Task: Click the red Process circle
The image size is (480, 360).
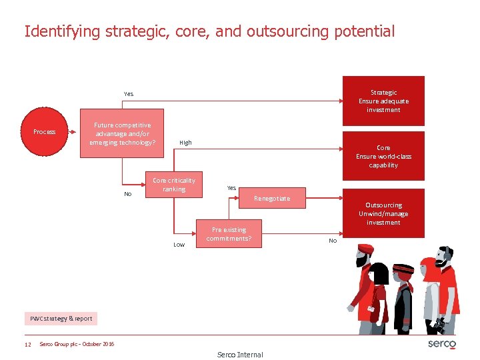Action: point(45,131)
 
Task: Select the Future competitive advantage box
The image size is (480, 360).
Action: point(122,133)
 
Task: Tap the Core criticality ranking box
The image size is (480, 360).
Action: point(174,185)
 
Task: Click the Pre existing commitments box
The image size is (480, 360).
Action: point(229,234)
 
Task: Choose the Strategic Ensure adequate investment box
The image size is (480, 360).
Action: point(383,101)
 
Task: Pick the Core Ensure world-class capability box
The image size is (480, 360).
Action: point(383,156)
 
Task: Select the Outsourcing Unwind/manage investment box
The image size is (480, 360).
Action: point(383,213)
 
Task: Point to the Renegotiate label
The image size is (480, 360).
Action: point(272,199)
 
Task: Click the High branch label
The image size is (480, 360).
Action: point(185,143)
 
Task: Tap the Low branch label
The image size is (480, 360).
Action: point(179,245)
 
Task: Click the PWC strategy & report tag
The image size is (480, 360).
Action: point(61,319)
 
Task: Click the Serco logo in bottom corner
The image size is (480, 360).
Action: point(441,344)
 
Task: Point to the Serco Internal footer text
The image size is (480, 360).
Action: point(240,355)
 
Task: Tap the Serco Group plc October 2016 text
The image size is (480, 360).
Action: point(77,344)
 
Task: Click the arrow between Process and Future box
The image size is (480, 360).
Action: point(74,131)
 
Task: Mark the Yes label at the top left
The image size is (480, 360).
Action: point(128,94)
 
